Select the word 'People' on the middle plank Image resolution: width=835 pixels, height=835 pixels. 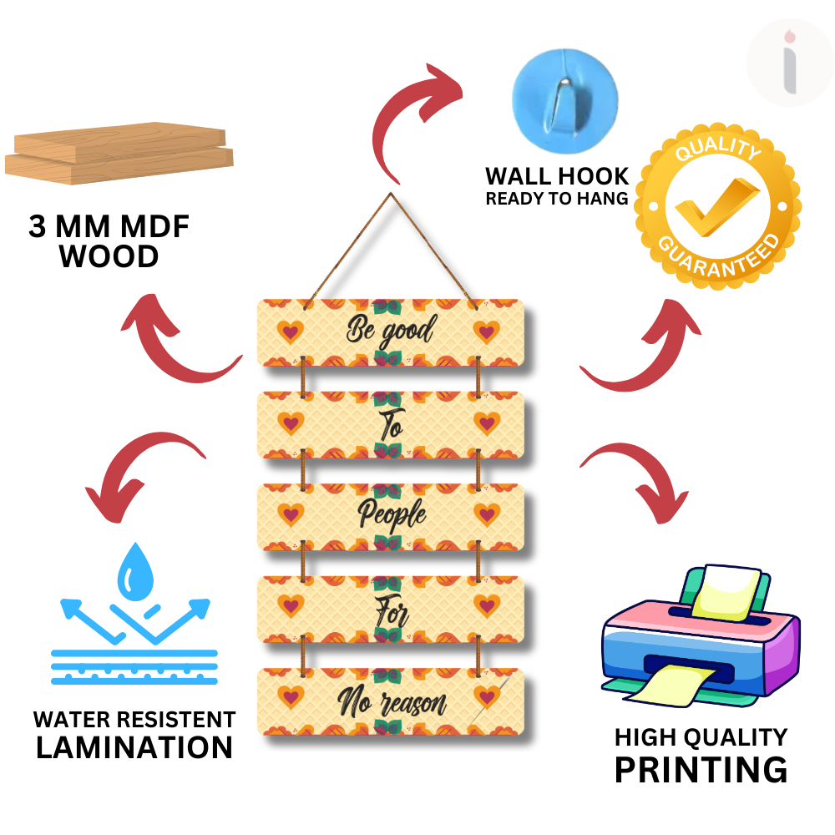[x=392, y=516]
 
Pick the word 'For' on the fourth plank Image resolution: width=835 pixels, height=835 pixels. [x=391, y=610]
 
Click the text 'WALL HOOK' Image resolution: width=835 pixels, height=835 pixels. [x=557, y=177]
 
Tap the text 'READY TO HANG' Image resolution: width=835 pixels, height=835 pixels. [x=557, y=199]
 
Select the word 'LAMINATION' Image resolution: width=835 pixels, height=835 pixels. [x=134, y=747]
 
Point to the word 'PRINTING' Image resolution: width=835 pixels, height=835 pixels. [x=701, y=769]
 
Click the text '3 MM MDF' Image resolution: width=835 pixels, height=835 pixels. [x=109, y=227]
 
